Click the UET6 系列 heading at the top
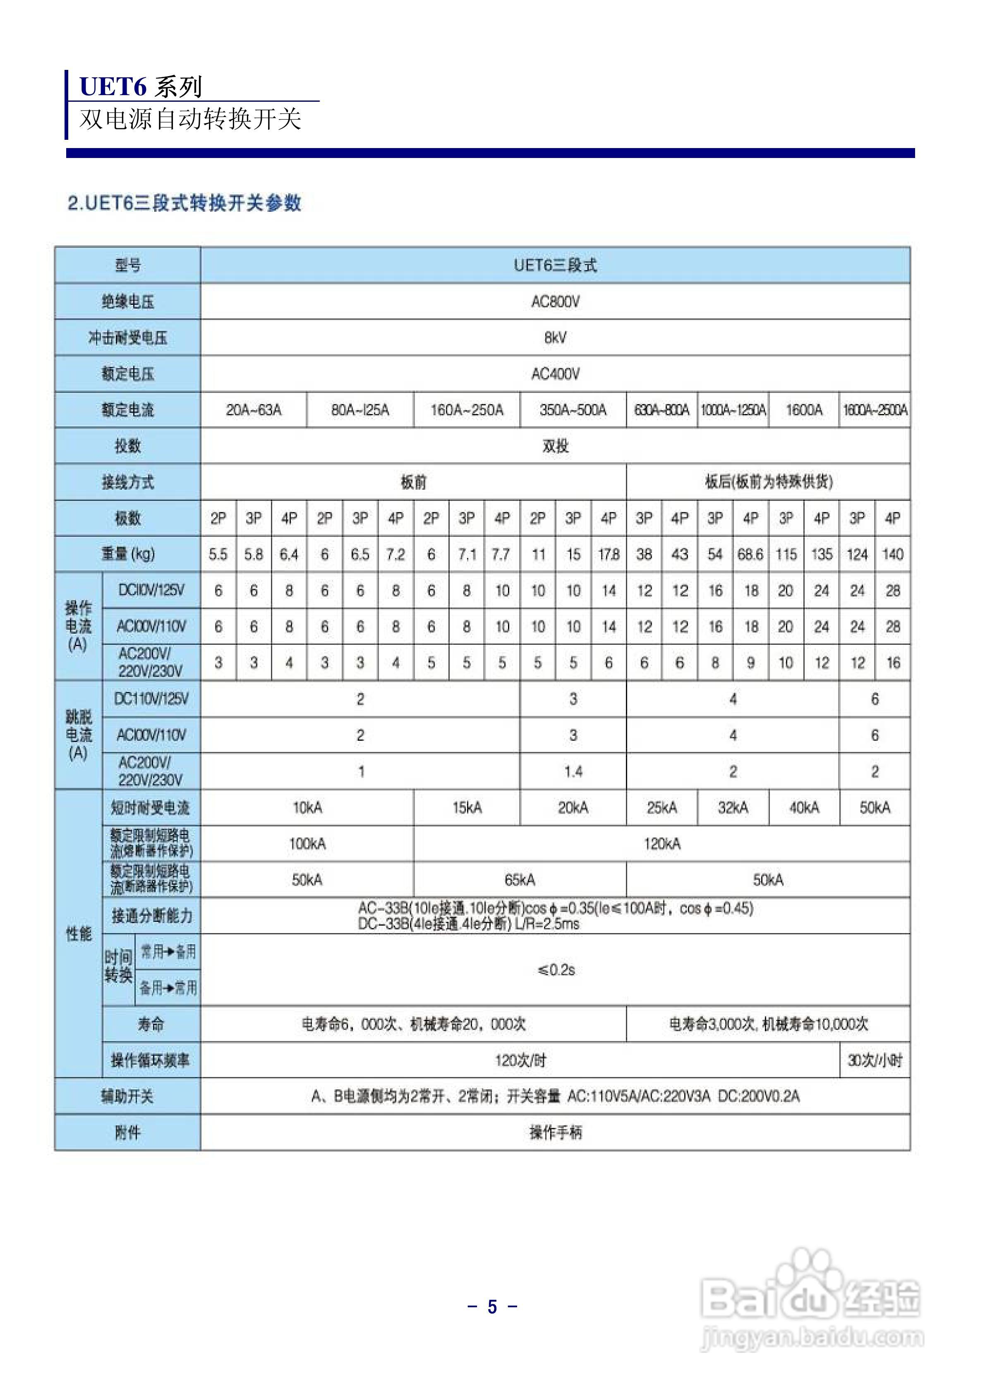click(x=141, y=87)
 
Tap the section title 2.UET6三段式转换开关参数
click(x=185, y=203)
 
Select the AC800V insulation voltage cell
click(x=555, y=302)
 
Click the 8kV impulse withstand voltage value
click(x=555, y=337)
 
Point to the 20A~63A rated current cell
click(x=254, y=410)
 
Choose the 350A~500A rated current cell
click(x=573, y=410)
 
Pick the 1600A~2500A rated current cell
click(x=875, y=410)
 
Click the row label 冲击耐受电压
click(x=127, y=337)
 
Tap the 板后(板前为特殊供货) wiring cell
click(x=768, y=482)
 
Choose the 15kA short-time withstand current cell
click(x=467, y=807)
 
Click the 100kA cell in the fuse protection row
click(x=307, y=843)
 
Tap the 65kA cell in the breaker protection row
click(x=520, y=880)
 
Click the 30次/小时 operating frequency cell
click(x=875, y=1060)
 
